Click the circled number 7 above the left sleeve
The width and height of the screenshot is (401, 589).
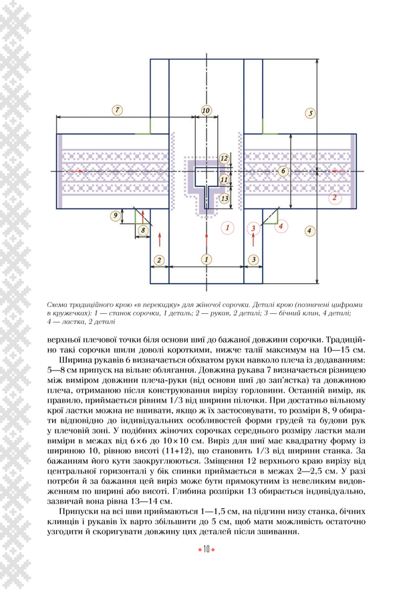(x=118, y=110)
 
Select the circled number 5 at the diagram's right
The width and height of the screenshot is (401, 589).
(x=309, y=113)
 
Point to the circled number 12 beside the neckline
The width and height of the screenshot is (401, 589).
(x=225, y=158)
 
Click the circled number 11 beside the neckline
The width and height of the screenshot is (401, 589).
(x=225, y=179)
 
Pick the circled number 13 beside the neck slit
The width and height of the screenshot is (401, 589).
(x=225, y=198)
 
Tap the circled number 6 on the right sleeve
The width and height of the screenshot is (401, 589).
(x=283, y=172)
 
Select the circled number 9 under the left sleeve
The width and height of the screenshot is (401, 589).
(x=116, y=214)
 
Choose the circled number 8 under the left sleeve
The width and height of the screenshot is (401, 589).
(x=142, y=230)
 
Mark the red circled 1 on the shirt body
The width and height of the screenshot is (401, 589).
(x=229, y=228)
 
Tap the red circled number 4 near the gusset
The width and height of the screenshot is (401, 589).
(x=281, y=227)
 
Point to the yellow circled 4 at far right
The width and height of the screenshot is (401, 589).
(x=309, y=231)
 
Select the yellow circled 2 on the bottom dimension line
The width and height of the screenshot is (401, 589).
(x=159, y=259)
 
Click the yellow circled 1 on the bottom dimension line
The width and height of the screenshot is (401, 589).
(x=207, y=258)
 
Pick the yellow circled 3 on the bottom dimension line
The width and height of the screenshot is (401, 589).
(x=253, y=259)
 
